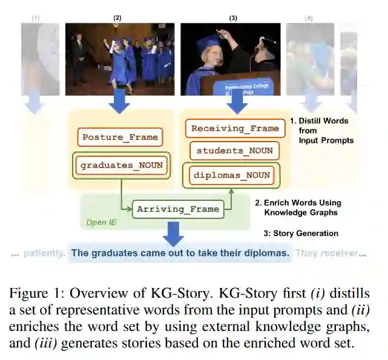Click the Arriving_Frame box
tap(177, 209)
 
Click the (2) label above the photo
tap(117, 18)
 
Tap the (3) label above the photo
tap(233, 18)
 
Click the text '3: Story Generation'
tap(300, 233)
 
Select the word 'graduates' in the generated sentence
tap(113, 253)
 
